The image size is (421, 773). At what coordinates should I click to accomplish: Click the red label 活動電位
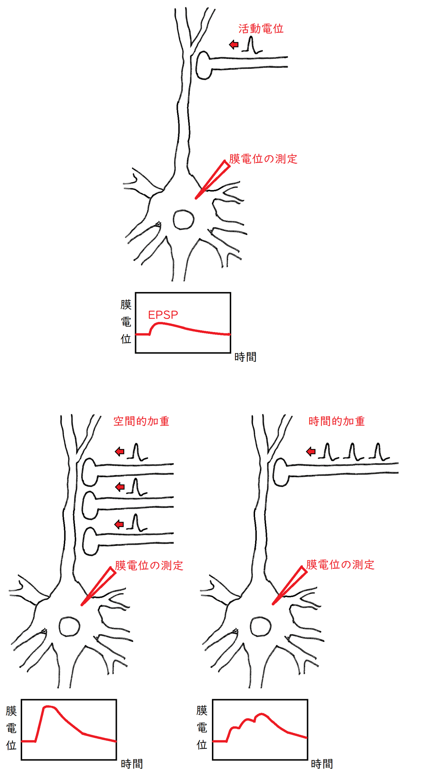(261, 29)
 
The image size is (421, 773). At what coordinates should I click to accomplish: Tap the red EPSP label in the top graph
(163, 315)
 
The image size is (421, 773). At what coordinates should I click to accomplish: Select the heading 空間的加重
(141, 421)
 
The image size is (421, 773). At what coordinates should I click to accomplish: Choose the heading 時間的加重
(336, 421)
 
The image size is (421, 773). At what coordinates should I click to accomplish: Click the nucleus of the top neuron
(183, 220)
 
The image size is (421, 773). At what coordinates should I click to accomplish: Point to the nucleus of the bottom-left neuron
(69, 627)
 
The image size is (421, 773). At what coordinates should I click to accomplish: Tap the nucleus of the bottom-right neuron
(260, 627)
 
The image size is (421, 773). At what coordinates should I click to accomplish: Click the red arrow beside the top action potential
(234, 45)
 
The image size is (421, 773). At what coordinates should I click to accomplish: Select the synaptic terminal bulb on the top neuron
(203, 65)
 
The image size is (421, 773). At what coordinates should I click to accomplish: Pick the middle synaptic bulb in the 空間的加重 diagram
(89, 505)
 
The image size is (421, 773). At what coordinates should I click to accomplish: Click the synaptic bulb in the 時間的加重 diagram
(280, 472)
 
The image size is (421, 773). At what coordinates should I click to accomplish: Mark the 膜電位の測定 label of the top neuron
(263, 159)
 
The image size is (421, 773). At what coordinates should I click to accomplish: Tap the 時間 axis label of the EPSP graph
(245, 357)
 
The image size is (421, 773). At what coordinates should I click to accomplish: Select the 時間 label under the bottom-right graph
(322, 764)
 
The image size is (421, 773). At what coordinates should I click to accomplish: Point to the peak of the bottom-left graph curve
(48, 706)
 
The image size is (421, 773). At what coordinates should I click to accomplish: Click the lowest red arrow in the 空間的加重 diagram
(120, 525)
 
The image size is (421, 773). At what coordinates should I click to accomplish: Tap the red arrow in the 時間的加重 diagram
(311, 452)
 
